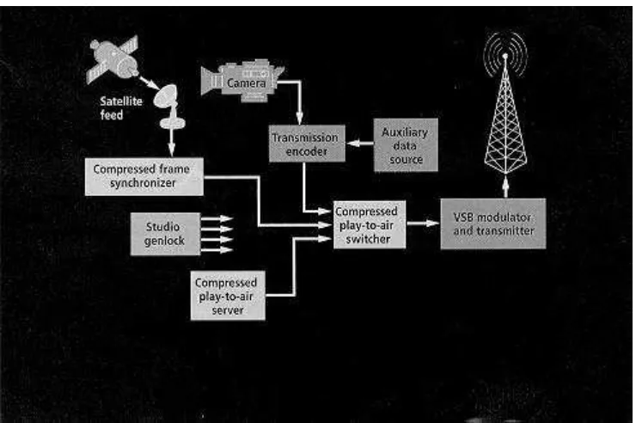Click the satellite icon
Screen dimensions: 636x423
click(113, 59)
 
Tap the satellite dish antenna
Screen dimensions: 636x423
click(169, 106)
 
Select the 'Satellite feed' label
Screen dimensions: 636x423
click(121, 107)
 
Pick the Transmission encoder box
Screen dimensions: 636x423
click(307, 144)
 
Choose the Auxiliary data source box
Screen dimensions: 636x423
click(405, 144)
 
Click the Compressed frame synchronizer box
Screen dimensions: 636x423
click(144, 176)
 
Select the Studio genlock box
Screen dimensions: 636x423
click(165, 234)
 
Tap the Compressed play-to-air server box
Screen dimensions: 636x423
click(228, 296)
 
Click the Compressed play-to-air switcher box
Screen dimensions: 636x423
click(369, 224)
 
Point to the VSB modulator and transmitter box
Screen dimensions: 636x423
click(492, 224)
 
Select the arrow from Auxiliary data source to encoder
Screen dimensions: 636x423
click(360, 144)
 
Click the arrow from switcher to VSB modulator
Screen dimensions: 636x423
click(423, 223)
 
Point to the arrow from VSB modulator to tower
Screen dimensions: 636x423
click(505, 187)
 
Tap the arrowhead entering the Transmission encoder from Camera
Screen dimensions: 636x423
click(299, 119)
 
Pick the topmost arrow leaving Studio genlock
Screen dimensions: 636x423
click(217, 219)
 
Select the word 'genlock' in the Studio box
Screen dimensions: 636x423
click(164, 241)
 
